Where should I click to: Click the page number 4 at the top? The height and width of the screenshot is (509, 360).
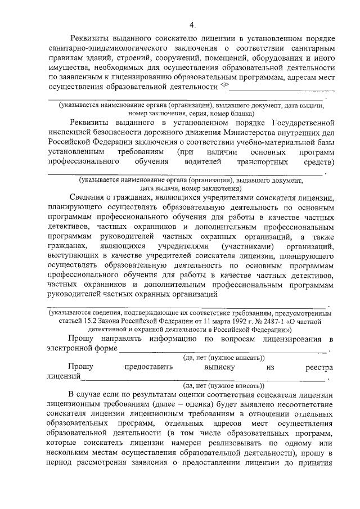point(191,25)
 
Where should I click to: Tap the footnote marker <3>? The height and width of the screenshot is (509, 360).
point(224,85)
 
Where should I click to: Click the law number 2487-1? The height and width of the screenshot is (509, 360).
point(266,321)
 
